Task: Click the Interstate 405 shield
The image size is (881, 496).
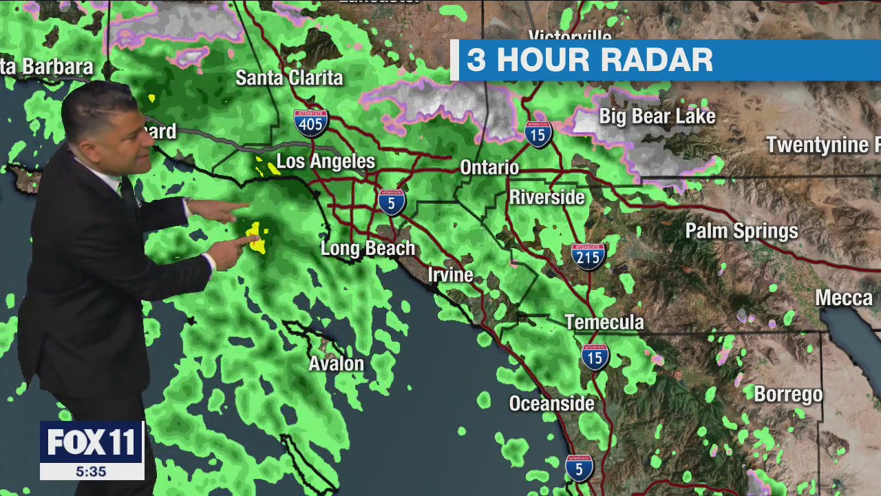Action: (311, 123)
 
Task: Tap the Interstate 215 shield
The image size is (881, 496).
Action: (588, 256)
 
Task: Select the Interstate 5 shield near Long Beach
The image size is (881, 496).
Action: (392, 202)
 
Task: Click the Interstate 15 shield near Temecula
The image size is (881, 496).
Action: (595, 356)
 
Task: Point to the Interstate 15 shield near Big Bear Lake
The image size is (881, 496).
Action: (538, 134)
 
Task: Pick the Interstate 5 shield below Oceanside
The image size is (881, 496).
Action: (579, 468)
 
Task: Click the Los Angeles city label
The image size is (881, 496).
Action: (326, 162)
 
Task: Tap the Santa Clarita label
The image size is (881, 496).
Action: (289, 78)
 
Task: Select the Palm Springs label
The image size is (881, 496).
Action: (741, 231)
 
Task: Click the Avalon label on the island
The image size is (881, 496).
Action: (336, 363)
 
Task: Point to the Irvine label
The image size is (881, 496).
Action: (450, 275)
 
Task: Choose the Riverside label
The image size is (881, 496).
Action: (546, 198)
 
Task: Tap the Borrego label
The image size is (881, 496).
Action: (788, 395)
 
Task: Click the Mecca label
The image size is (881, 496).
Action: (844, 298)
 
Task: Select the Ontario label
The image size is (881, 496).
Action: (489, 167)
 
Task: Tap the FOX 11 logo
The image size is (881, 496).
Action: (92, 442)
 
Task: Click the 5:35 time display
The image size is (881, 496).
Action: (91, 472)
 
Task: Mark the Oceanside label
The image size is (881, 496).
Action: (551, 404)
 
